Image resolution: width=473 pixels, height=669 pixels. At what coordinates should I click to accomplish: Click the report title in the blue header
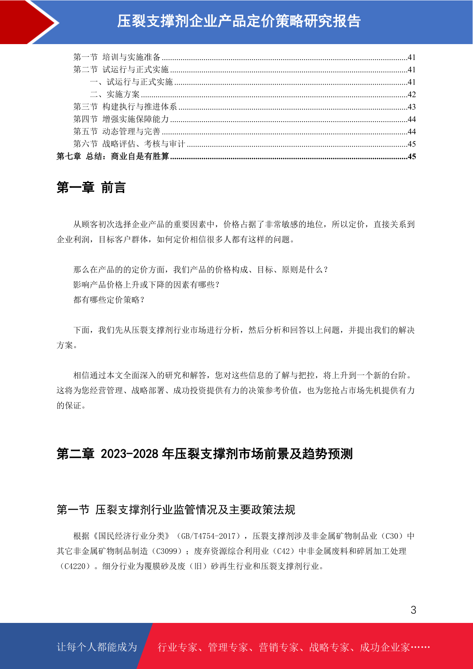click(239, 21)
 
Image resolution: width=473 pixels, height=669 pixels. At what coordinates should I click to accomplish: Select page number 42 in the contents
click(411, 95)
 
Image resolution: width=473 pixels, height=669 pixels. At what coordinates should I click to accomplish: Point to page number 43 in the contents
click(411, 107)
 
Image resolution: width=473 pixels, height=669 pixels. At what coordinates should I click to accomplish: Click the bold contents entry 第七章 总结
click(113, 157)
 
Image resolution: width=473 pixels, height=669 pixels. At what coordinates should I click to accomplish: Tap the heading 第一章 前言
click(91, 188)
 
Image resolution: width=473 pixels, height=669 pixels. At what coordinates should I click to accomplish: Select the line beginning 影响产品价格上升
click(147, 285)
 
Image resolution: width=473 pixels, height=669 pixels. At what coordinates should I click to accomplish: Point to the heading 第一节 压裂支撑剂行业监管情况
click(176, 510)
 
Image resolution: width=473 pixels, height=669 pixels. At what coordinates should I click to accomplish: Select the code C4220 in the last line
click(76, 567)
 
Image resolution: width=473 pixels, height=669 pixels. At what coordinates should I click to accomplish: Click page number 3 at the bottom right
click(413, 610)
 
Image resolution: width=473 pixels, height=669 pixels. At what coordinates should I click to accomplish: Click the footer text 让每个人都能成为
click(97, 647)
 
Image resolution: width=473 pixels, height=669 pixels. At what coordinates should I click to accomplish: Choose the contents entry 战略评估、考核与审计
click(144, 144)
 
